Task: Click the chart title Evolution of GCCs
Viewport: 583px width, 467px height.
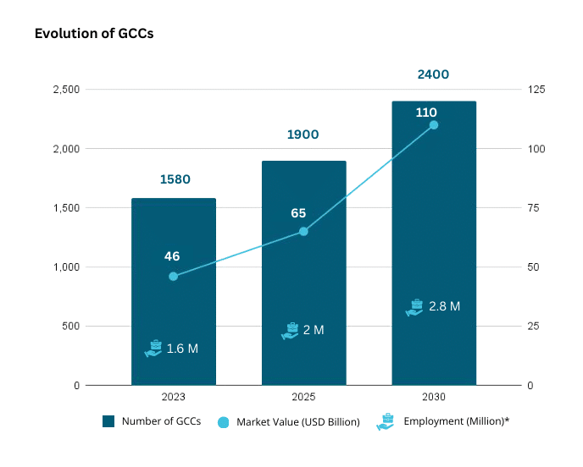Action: click(x=93, y=35)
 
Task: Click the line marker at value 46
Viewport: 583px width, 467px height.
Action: click(x=174, y=277)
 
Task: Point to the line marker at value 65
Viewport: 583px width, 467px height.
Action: click(x=303, y=231)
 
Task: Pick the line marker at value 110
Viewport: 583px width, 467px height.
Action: click(x=434, y=125)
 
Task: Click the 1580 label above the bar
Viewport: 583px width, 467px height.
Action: click(x=175, y=179)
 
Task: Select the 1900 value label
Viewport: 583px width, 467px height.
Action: click(x=303, y=135)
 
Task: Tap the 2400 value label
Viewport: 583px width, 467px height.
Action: click(x=433, y=74)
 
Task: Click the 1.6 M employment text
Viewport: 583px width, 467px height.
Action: click(x=182, y=349)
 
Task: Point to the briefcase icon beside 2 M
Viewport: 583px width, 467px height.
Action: click(x=290, y=331)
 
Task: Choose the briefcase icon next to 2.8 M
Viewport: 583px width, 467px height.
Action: click(x=414, y=307)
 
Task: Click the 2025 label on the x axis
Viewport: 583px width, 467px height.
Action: click(x=303, y=397)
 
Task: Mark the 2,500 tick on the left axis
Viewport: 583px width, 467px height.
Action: click(x=65, y=90)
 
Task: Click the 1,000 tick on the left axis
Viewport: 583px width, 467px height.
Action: click(x=65, y=267)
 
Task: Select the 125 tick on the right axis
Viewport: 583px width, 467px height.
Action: click(x=536, y=90)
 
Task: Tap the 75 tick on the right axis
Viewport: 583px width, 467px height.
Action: click(x=535, y=208)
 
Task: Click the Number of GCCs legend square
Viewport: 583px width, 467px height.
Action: click(x=108, y=421)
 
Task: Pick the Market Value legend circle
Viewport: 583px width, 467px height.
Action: click(x=224, y=422)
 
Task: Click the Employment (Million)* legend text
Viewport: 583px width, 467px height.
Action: click(x=457, y=421)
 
